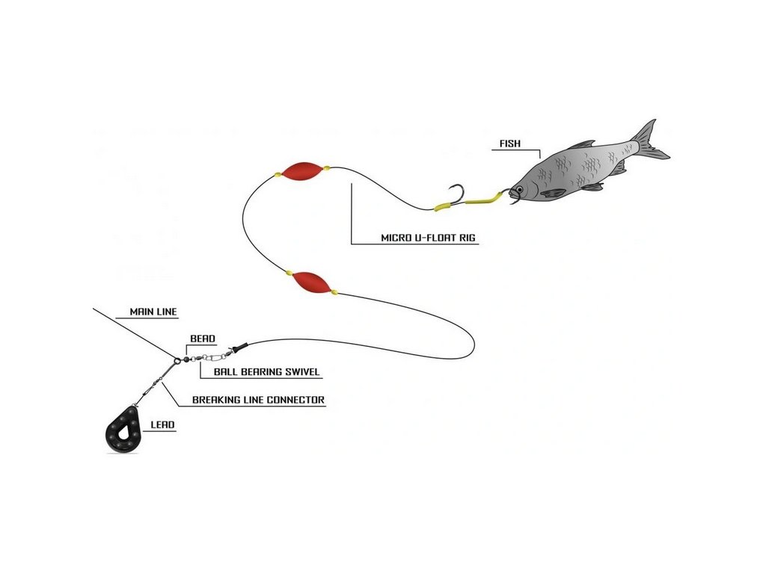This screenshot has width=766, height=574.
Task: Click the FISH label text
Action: pos(509,143)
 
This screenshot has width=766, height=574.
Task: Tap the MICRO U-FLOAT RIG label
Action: pos(428,238)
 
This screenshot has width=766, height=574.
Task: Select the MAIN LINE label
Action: pos(153,312)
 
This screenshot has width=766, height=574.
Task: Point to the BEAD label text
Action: pos(202,339)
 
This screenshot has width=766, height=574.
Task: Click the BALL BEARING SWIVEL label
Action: pos(267,371)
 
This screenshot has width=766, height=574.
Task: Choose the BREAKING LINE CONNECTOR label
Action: pos(258,400)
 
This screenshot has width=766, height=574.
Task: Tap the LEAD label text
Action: pos(162,425)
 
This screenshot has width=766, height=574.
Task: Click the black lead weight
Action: pos(124,429)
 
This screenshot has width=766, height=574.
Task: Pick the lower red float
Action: pos(311,282)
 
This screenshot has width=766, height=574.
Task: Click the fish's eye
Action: pos(520,189)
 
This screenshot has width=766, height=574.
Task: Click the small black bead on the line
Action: pos(186,359)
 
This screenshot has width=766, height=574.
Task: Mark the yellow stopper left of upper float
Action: pos(278,173)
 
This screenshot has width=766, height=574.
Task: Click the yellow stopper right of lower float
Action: pos(334,292)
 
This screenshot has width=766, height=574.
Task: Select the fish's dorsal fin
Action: pos(582,144)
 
